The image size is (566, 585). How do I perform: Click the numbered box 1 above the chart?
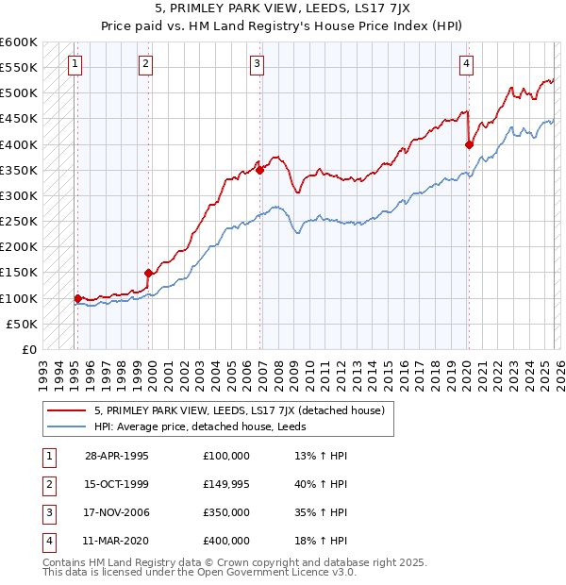point(75,64)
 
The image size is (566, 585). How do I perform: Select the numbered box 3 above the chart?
point(258,64)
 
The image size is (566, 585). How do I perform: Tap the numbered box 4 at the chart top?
point(467,64)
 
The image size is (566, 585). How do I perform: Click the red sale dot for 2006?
point(259,170)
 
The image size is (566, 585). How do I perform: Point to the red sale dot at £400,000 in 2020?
point(469,144)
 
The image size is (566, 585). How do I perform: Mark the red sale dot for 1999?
point(148,273)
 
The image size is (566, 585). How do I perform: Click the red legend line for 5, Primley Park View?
point(68,411)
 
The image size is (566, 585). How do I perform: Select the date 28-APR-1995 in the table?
point(117,456)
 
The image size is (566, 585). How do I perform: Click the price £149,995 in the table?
point(226,484)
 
